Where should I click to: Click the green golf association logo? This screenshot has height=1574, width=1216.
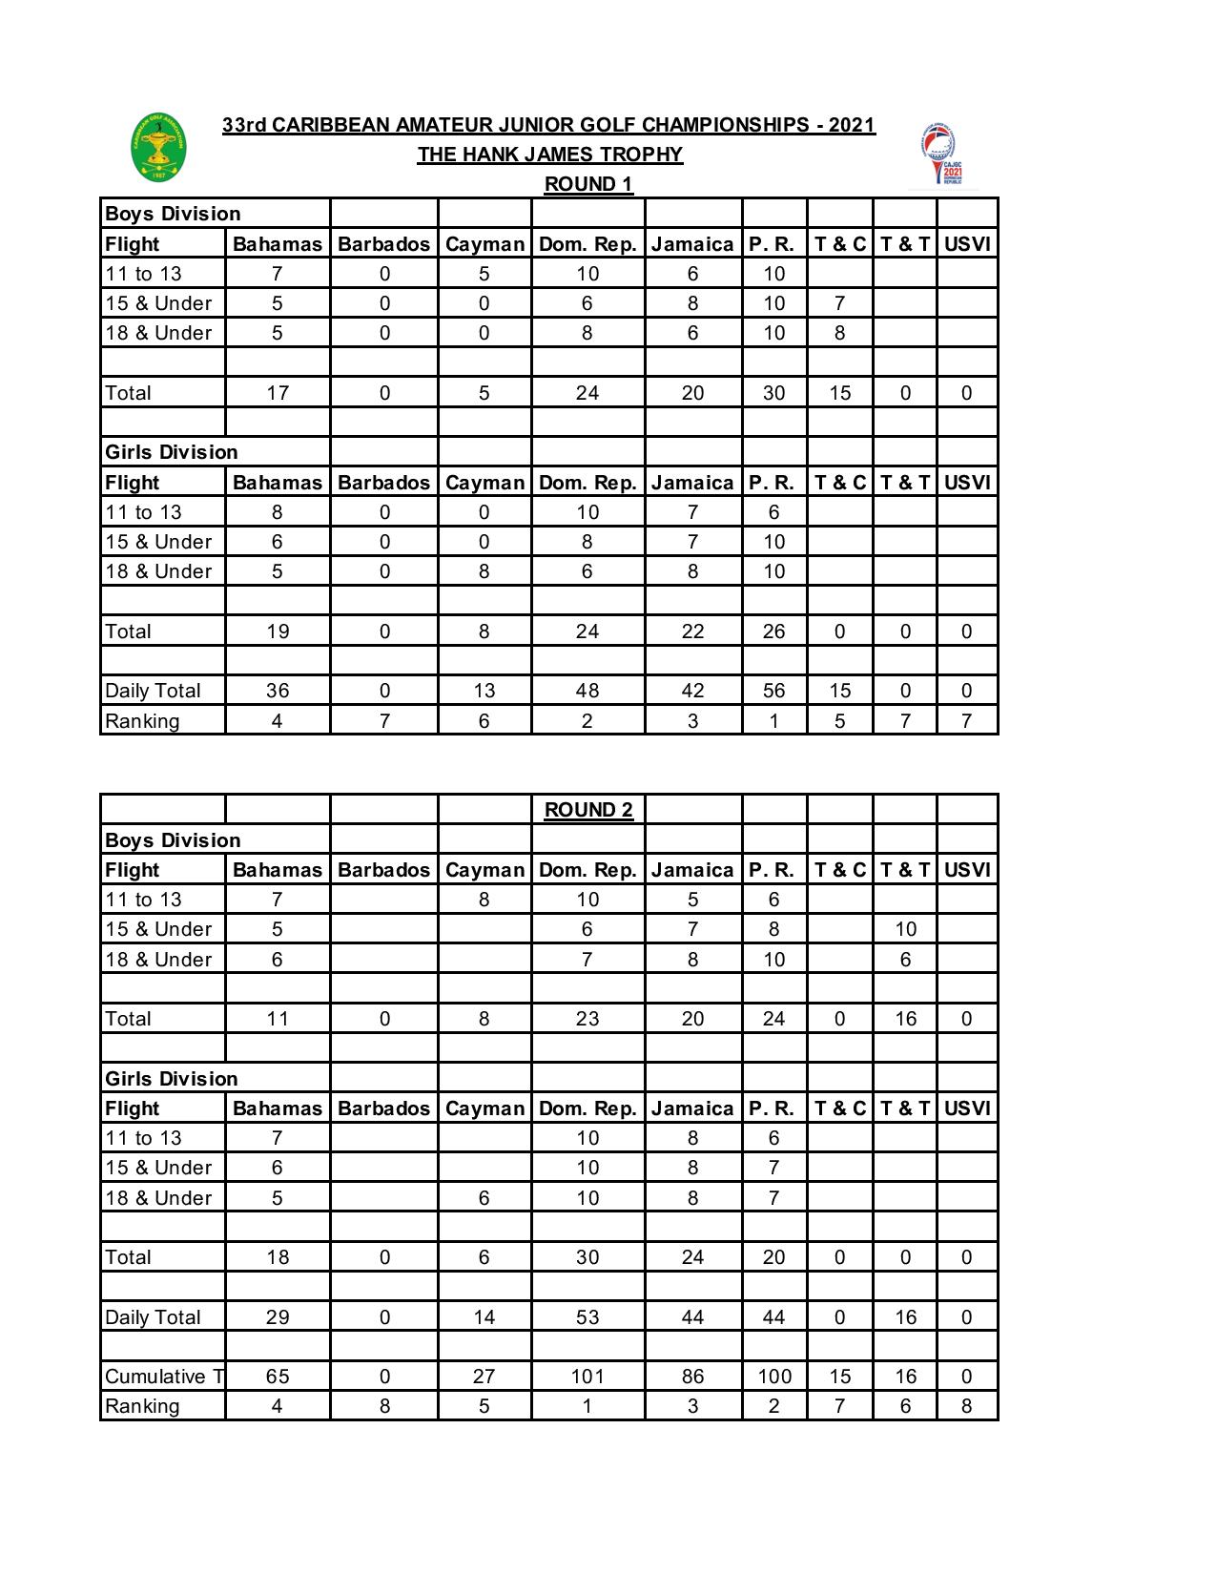(x=158, y=148)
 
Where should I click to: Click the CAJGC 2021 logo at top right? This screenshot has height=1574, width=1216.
(x=942, y=155)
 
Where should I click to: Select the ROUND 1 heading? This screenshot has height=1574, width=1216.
(x=588, y=184)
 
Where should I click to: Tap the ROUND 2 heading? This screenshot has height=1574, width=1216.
(x=588, y=810)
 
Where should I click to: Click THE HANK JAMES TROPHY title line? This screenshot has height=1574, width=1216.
(x=549, y=155)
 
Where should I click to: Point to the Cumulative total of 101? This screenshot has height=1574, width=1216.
(x=587, y=1376)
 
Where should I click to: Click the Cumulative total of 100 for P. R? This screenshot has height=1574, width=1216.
(x=774, y=1376)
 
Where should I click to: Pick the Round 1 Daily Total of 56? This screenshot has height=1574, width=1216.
(x=773, y=691)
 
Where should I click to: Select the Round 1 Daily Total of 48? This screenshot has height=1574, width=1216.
(x=587, y=691)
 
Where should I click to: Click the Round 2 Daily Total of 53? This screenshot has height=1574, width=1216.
(x=587, y=1316)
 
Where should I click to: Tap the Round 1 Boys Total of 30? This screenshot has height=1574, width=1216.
(x=773, y=392)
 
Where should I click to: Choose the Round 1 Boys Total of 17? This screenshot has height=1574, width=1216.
(x=278, y=392)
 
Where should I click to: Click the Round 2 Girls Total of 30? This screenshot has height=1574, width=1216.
(x=587, y=1256)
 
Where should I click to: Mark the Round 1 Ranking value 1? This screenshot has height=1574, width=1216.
(x=773, y=720)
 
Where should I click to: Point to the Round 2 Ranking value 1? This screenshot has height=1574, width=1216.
(x=587, y=1405)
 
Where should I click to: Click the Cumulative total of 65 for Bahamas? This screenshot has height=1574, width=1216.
(x=278, y=1376)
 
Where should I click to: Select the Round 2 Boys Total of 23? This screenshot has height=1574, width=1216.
(x=587, y=1018)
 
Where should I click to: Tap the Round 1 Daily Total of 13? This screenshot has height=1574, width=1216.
(x=484, y=691)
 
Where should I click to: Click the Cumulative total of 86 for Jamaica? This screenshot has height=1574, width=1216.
(x=692, y=1376)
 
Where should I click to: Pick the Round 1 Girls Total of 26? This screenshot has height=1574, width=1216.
(x=773, y=631)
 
